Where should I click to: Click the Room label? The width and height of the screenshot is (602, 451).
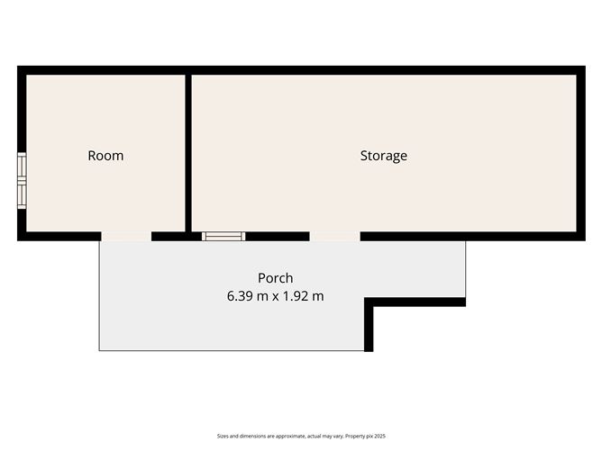105,156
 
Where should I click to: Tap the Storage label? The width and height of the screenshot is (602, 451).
384,156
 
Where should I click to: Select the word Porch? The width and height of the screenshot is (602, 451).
275,278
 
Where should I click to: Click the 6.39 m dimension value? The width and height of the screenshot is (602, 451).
247,296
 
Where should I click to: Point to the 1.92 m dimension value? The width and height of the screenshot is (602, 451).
304,296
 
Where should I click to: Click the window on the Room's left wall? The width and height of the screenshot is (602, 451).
22,181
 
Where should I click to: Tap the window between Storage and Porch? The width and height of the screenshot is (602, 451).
223,236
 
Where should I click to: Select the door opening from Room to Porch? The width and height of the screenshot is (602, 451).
126,236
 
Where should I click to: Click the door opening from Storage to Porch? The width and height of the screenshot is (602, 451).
334,236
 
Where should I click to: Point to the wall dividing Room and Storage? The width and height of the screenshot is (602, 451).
188,153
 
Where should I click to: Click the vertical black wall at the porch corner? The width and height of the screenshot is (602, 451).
369,324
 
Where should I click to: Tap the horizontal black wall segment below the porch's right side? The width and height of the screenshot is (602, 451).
415,302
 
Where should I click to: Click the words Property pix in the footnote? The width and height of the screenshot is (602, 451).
360,436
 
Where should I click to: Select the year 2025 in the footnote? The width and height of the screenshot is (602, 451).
380,436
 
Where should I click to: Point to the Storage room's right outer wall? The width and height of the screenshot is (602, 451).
581,153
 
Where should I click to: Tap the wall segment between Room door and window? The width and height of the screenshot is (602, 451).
177,236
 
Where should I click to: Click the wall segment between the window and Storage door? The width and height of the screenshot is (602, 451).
278,236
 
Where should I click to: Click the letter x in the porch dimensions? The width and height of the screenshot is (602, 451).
276,297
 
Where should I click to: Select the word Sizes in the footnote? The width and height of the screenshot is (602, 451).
223,436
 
